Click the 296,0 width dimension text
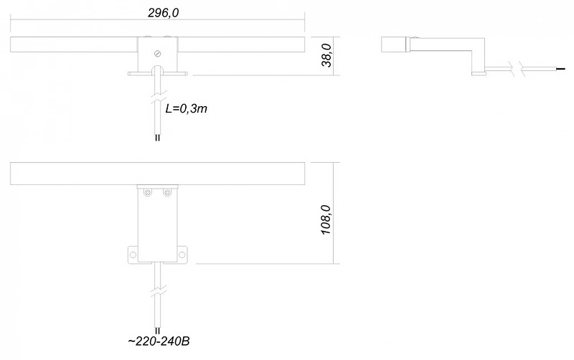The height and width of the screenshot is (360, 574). [x=164, y=13]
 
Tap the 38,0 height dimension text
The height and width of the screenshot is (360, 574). [x=326, y=56]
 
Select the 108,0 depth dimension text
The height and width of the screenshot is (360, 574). [x=326, y=220]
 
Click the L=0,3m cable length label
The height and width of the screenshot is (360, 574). [x=187, y=109]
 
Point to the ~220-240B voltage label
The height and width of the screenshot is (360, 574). [x=159, y=341]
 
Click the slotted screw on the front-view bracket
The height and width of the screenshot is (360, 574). [x=158, y=54]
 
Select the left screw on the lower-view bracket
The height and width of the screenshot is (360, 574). [x=148, y=192]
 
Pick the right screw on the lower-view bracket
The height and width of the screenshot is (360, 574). [x=167, y=192]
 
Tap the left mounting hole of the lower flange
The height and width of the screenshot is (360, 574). [x=133, y=255]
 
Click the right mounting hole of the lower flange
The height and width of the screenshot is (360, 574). [x=182, y=255]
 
